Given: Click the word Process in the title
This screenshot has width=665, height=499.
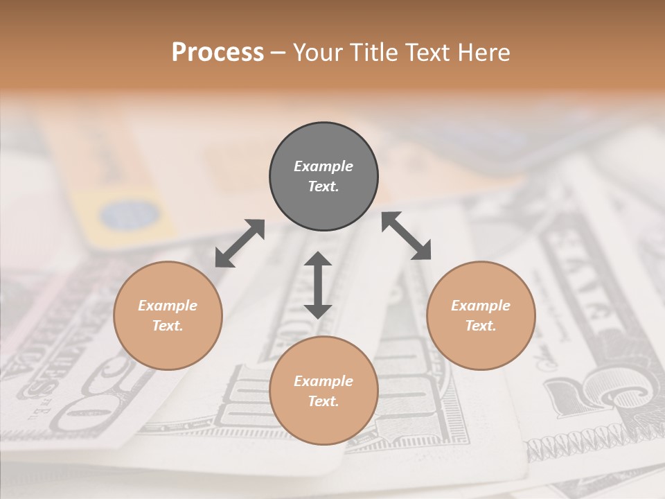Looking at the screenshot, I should point(218,53).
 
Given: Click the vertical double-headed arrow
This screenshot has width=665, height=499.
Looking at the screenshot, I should point(318,285).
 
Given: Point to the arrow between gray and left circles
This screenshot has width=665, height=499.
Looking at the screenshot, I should point(240,243).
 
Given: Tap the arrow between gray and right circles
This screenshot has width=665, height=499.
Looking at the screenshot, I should point(407,236).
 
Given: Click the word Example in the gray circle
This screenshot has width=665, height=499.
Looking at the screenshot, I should point(323,166).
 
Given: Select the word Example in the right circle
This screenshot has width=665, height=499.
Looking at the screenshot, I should point(481,306).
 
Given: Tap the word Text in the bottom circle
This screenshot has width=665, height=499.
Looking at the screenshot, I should point(322,401).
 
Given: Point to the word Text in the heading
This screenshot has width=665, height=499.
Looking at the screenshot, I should point(426,53).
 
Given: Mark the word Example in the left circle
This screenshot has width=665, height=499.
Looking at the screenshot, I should point(168,306).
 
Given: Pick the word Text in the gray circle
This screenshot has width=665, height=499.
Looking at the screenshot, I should point(322,186).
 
